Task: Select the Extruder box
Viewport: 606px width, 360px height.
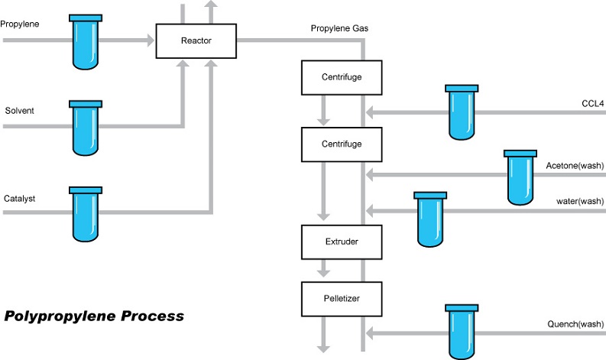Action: click(331, 242)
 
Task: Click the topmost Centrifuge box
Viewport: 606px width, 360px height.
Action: click(331, 78)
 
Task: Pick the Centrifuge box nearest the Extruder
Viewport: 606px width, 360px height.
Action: click(331, 144)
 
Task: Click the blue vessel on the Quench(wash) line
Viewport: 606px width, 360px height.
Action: click(461, 332)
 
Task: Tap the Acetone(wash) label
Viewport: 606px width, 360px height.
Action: click(574, 166)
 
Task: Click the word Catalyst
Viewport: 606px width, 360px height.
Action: click(18, 199)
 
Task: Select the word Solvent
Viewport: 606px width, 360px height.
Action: click(18, 111)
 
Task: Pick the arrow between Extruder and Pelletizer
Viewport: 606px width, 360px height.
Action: click(324, 268)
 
